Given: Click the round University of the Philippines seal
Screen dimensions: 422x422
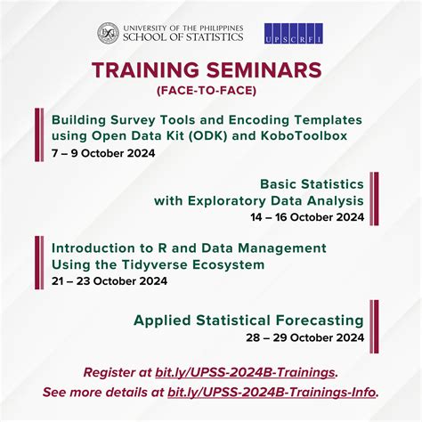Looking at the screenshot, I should [108, 34].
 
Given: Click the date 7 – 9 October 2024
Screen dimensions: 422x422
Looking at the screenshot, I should [103, 153].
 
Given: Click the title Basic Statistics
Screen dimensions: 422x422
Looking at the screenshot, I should [312, 183].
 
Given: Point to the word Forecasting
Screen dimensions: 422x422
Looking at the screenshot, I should [316, 320].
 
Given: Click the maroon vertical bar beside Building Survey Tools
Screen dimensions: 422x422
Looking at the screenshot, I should [38, 134].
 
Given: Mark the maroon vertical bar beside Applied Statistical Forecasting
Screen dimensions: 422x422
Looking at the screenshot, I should [375, 327].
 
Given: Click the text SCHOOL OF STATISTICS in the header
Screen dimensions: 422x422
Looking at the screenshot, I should [185, 39].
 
